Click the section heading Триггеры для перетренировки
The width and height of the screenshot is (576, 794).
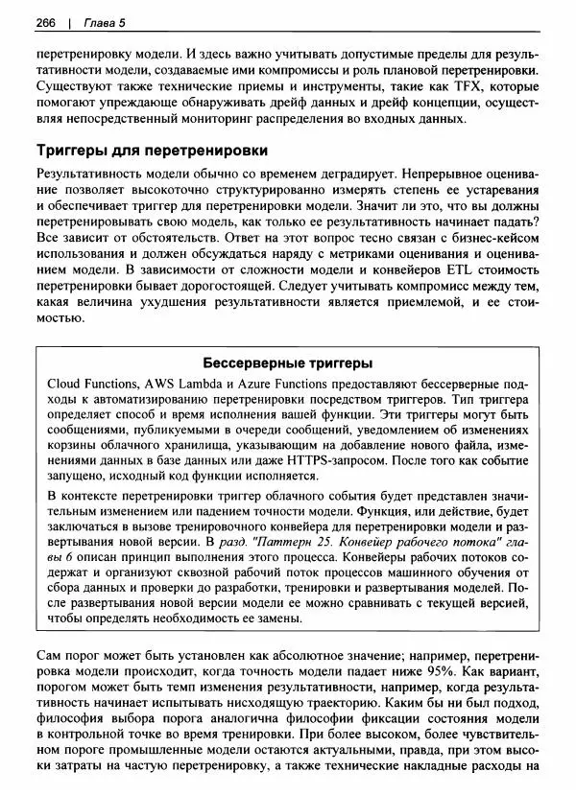151,151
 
